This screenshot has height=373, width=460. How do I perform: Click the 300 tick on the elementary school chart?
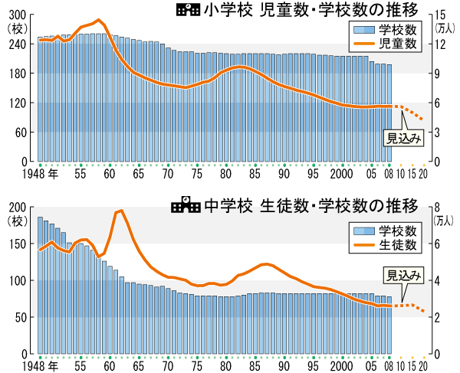pyautogui.click(x=14, y=15)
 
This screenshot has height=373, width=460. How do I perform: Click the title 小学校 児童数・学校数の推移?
pyautogui.click(x=310, y=11)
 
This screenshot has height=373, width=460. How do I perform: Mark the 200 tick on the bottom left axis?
pyautogui.click(x=14, y=208)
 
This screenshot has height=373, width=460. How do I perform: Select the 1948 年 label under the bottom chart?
pyautogui.click(x=42, y=366)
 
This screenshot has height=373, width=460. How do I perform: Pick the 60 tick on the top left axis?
pyautogui.click(x=17, y=133)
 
